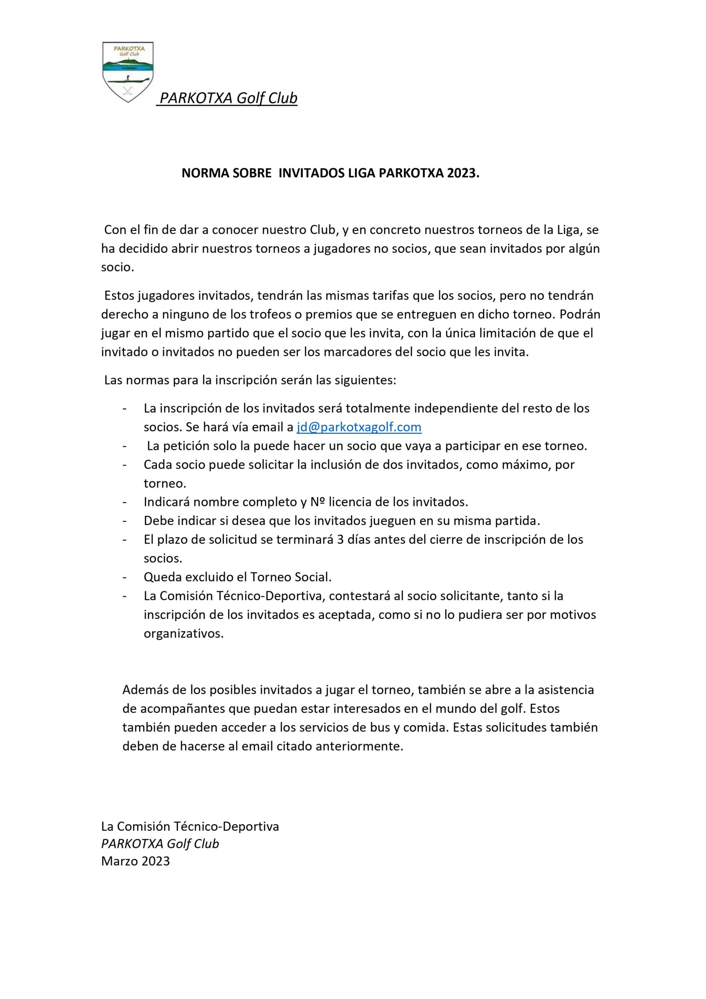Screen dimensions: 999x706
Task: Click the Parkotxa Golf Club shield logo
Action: pos(128,71)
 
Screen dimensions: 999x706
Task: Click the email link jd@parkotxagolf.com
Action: pos(359,427)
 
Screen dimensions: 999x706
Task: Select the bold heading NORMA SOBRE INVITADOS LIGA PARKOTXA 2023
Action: pos(330,173)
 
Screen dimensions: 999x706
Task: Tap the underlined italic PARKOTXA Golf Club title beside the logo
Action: pos(228,98)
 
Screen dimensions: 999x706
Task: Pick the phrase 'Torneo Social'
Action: pos(290,577)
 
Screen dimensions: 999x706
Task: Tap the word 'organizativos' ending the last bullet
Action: pos(183,633)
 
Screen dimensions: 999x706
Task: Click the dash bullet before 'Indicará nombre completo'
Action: pos(125,502)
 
